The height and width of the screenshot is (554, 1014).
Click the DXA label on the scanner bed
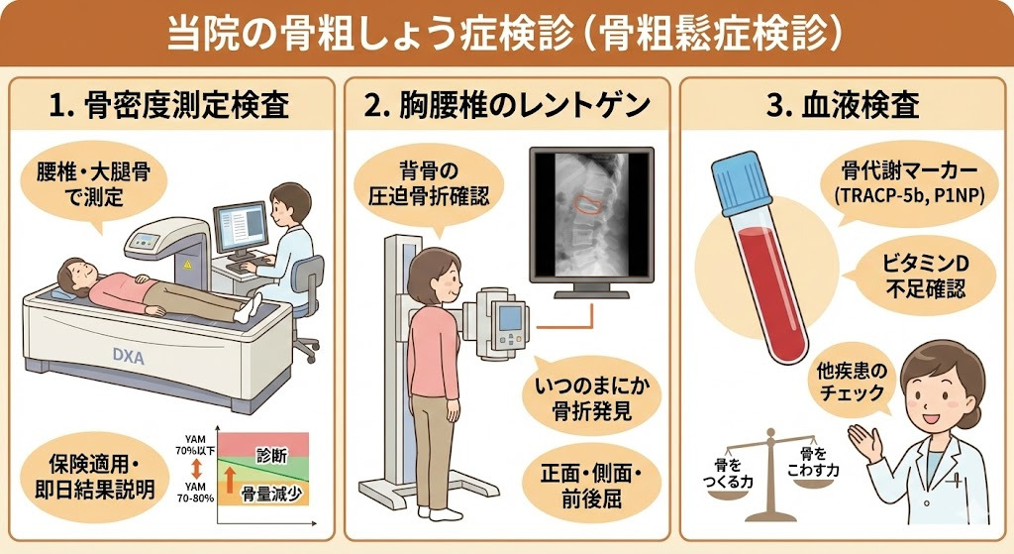click(x=128, y=355)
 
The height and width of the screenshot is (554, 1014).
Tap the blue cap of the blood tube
click(x=742, y=182)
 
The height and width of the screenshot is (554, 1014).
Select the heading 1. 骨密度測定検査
click(x=168, y=105)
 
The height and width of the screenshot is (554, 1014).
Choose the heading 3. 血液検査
click(x=843, y=105)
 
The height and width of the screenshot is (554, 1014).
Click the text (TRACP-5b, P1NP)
click(x=909, y=196)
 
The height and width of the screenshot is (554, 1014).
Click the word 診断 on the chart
click(x=271, y=456)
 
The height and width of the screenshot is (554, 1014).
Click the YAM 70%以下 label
click(x=195, y=445)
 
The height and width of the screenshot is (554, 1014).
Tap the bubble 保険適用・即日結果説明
click(x=94, y=477)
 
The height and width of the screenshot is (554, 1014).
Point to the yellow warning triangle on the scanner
click(x=187, y=265)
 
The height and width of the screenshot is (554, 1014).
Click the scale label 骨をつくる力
click(x=728, y=473)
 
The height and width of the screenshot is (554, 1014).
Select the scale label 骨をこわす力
click(x=813, y=462)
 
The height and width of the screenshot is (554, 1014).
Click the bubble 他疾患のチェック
click(x=851, y=382)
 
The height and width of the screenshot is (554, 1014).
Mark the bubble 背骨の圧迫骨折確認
click(x=429, y=183)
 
